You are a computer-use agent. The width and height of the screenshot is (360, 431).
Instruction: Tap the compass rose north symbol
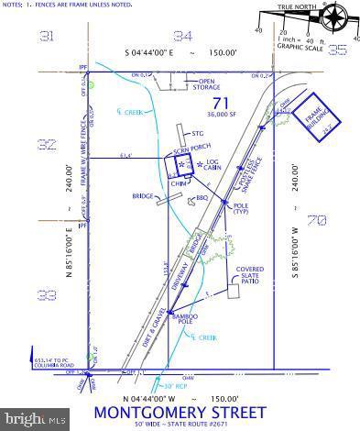(x=334, y=17)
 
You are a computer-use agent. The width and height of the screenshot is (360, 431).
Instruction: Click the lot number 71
(x=219, y=102)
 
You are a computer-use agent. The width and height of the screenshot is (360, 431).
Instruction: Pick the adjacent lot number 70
(x=317, y=219)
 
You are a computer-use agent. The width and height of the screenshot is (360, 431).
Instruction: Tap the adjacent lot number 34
(x=183, y=36)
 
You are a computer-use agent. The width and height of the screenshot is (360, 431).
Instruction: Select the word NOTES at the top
(x=13, y=5)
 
